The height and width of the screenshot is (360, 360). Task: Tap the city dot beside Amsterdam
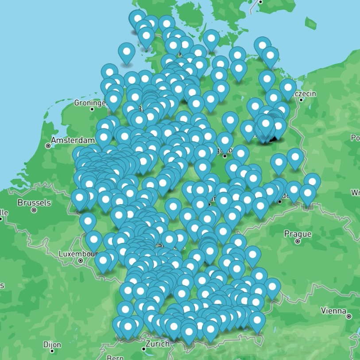48,145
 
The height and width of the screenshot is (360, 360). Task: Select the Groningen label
90,103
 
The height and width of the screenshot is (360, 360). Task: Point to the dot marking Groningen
92,109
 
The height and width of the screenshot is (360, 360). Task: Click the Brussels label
34,203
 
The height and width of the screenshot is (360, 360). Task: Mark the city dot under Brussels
34,210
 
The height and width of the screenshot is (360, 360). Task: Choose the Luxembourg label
78,254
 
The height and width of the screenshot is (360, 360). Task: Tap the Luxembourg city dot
81,261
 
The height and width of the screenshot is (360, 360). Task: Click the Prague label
298,234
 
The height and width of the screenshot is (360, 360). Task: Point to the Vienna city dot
349,316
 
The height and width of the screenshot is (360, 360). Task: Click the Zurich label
157,344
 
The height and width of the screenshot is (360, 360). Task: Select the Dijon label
52,345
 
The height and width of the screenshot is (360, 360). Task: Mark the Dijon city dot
52,352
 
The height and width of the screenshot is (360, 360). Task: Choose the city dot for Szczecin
301,100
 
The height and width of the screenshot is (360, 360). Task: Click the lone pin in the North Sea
127,52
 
